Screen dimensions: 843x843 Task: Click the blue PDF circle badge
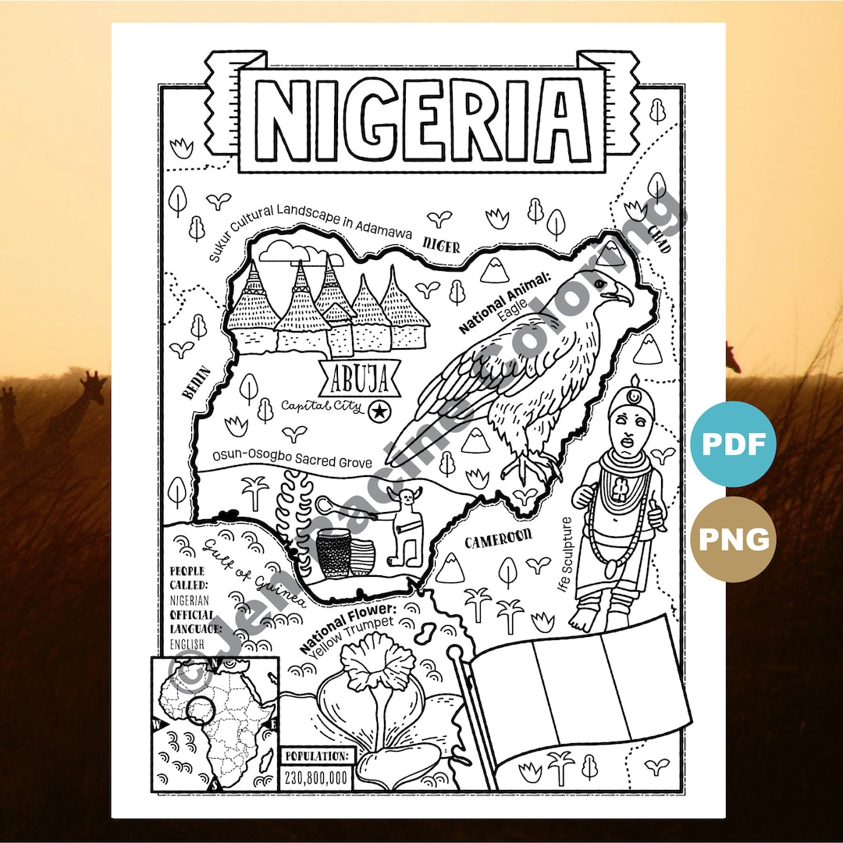click(x=733, y=443)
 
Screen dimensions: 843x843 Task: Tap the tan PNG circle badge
click(x=733, y=539)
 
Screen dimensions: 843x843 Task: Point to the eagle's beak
click(x=622, y=294)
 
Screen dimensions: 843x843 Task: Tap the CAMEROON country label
click(x=498, y=538)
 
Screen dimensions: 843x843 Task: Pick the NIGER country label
click(x=442, y=244)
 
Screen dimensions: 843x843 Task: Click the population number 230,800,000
click(x=317, y=777)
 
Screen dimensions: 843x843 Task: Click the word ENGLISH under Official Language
click(x=187, y=643)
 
